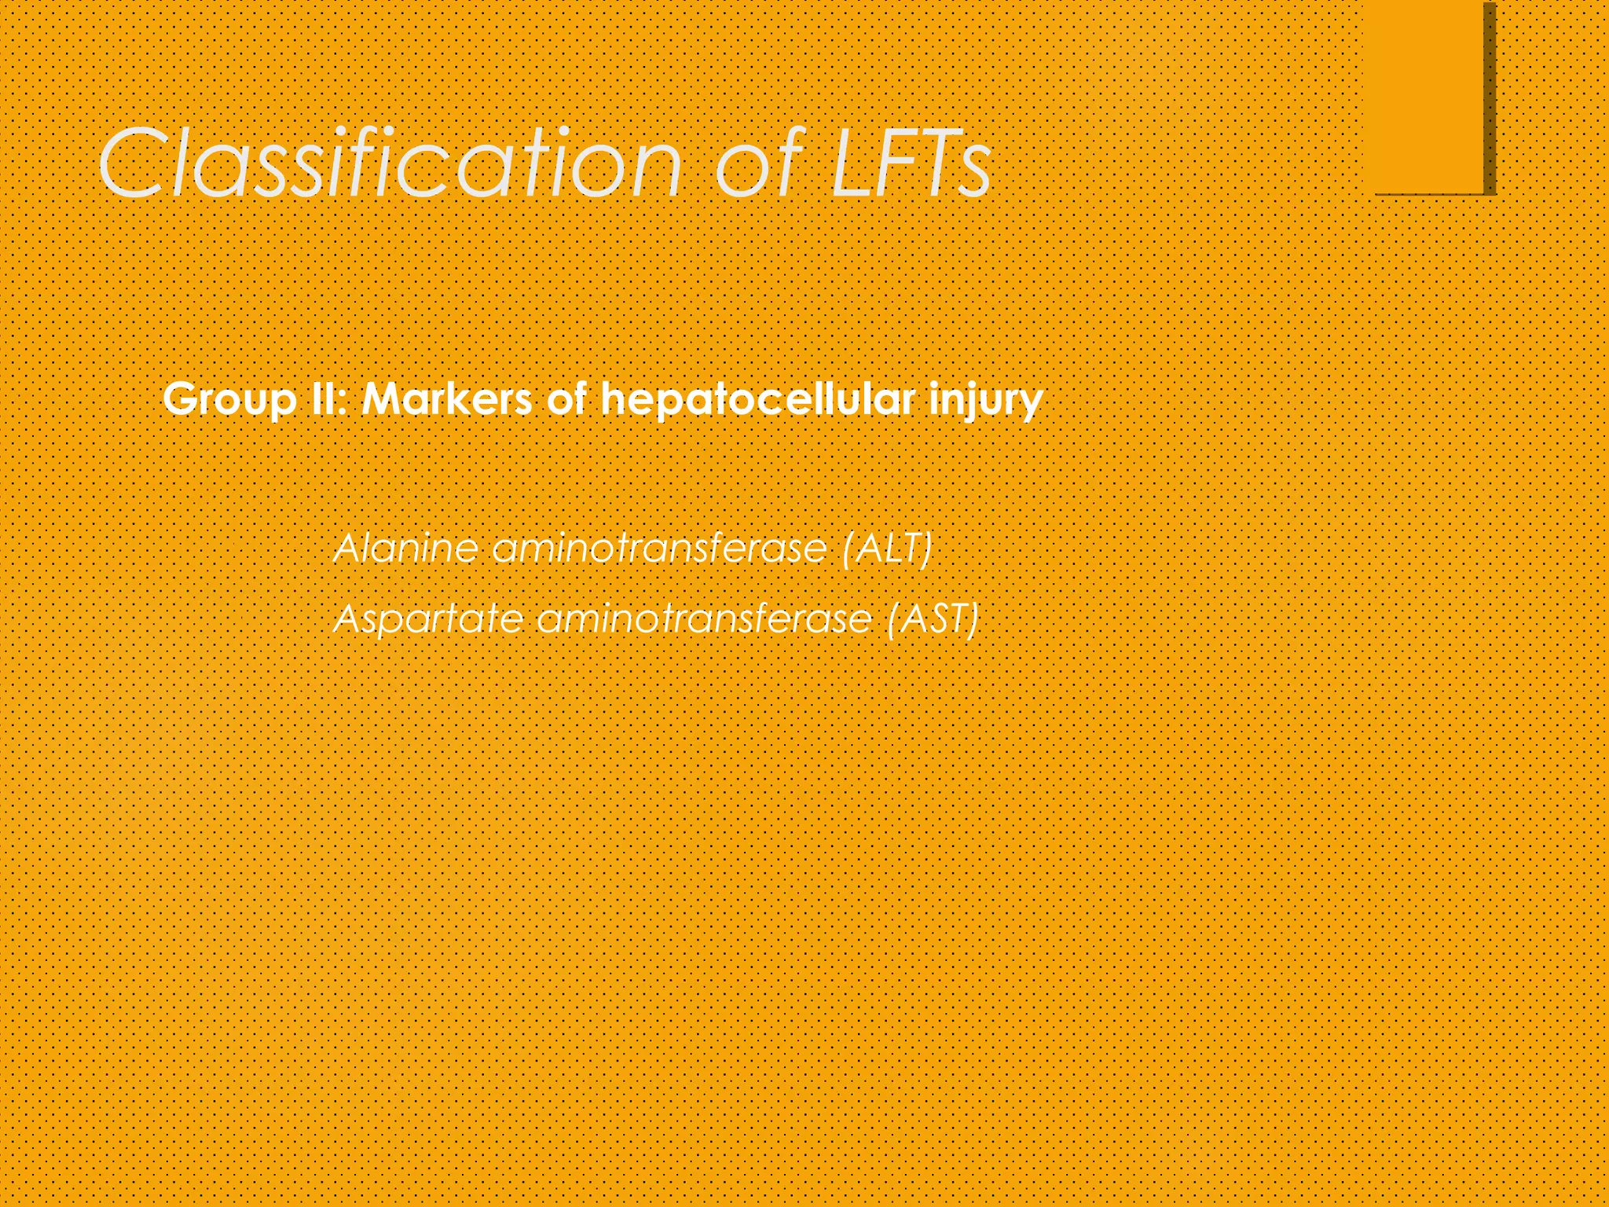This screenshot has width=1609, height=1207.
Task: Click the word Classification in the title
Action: [390, 163]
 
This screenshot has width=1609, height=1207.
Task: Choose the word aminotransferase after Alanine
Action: [660, 548]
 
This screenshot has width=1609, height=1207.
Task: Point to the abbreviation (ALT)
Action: [886, 548]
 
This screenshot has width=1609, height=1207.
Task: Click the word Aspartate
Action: [429, 618]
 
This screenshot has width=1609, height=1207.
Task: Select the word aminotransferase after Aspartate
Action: [705, 618]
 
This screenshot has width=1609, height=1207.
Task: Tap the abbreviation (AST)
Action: [933, 618]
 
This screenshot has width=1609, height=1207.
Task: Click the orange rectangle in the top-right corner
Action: [1428, 94]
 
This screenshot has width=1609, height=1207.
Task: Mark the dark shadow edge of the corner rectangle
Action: [1490, 98]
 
